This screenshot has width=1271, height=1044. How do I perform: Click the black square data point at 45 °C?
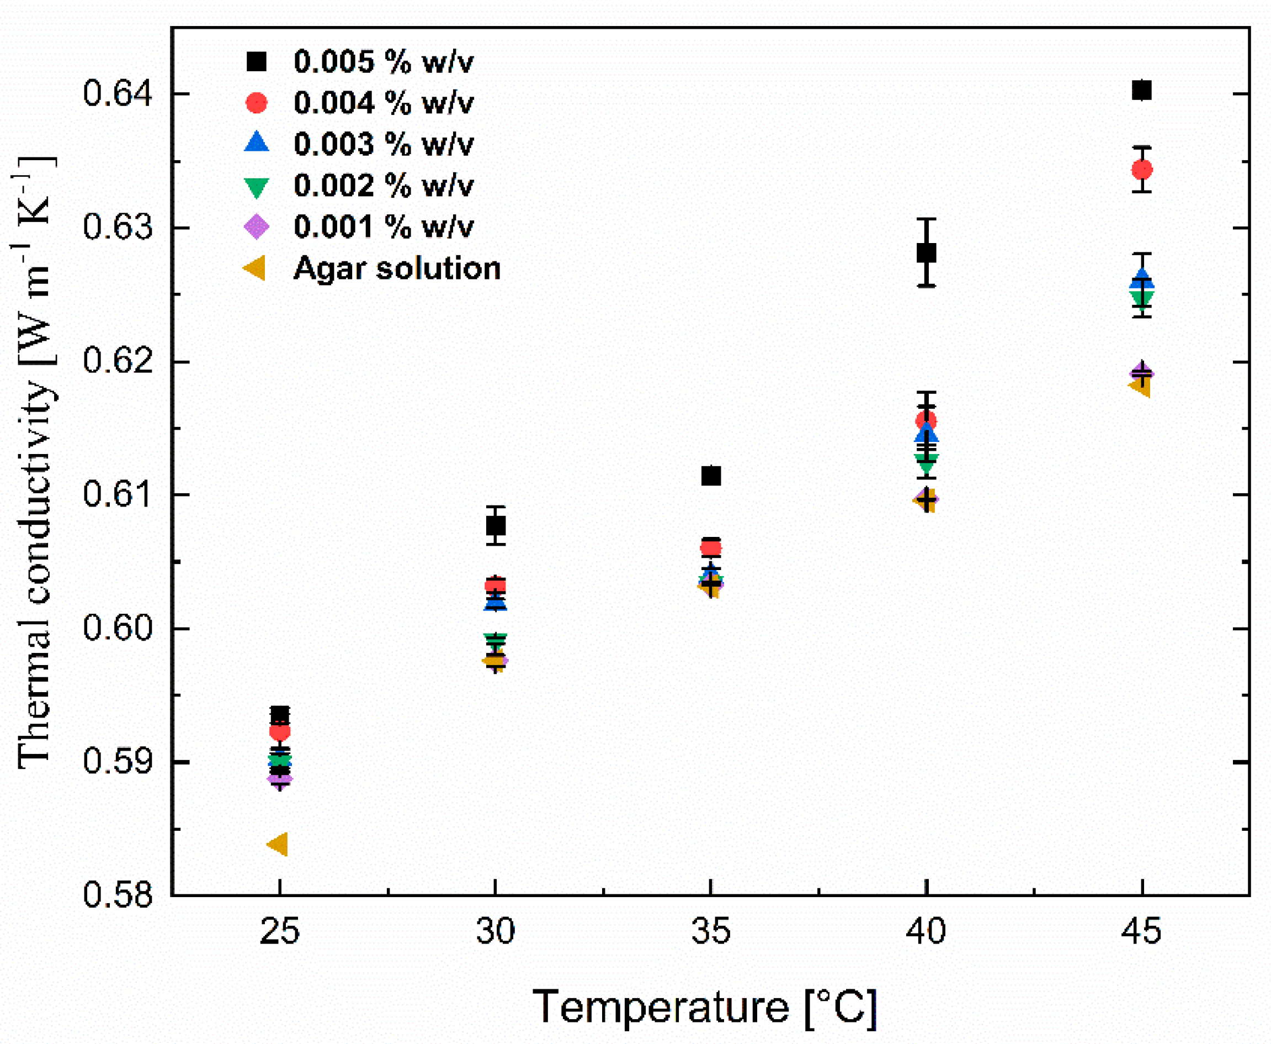[1141, 90]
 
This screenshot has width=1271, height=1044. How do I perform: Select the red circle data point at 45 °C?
[1142, 170]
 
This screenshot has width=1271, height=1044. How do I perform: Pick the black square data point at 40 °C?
[926, 252]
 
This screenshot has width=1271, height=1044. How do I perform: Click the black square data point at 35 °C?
[711, 476]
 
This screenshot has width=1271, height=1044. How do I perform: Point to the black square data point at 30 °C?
[495, 526]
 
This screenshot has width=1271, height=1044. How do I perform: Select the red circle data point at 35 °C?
[711, 548]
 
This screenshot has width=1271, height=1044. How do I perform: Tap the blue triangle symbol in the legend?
[257, 143]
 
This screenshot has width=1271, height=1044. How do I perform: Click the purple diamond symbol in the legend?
[257, 226]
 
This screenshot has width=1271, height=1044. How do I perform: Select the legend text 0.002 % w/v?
[384, 185]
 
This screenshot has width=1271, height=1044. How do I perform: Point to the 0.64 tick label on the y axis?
[118, 94]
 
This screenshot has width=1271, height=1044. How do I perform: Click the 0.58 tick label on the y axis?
[118, 895]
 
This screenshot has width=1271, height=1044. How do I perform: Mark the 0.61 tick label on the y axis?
[118, 495]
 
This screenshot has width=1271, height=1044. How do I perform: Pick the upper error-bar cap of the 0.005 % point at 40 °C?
[926, 219]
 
